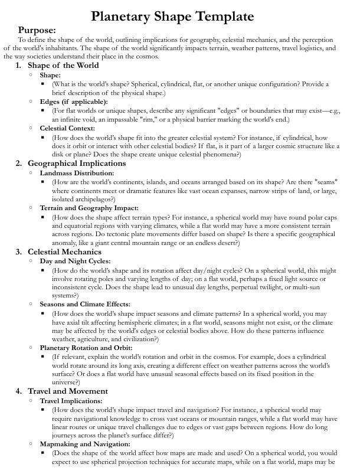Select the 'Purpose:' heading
(x=37, y=30)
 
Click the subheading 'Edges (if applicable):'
(x=74, y=102)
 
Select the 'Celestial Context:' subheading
(x=67, y=128)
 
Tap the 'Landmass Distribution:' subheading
(x=77, y=173)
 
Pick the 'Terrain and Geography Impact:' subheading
(x=89, y=208)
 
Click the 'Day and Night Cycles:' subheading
(x=75, y=261)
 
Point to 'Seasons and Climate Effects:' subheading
(x=85, y=304)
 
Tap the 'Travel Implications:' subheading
(x=74, y=401)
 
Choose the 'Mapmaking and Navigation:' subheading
(x=85, y=444)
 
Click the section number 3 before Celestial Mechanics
(x=18, y=252)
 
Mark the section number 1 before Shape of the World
(x=18, y=65)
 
